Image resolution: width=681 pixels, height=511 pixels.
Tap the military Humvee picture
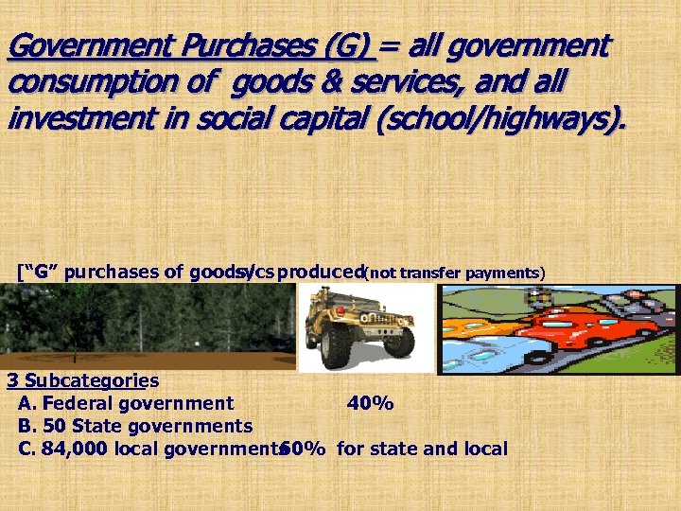point(359,326)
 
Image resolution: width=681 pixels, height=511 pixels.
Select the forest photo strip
point(147,326)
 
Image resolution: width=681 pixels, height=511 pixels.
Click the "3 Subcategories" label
point(82,381)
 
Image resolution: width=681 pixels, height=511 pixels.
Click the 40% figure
point(370,404)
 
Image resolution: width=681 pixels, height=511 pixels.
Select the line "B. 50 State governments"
point(134,426)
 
